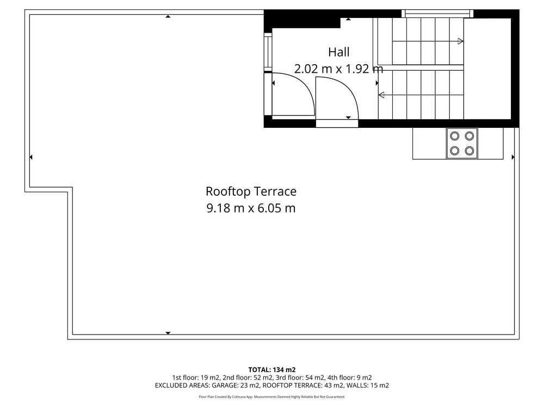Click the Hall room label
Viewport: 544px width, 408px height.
click(x=338, y=52)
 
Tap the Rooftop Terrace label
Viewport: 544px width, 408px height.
click(x=251, y=191)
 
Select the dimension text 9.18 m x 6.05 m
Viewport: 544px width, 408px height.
click(x=251, y=208)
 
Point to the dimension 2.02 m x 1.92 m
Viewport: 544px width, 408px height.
click(x=338, y=69)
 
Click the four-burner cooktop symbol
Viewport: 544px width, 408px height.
click(x=462, y=144)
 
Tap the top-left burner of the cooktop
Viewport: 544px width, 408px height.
click(x=454, y=136)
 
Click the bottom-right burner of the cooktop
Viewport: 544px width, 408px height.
click(x=469, y=151)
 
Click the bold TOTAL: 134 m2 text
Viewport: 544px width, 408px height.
click(x=272, y=370)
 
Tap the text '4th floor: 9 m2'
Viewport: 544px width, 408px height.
click(x=349, y=378)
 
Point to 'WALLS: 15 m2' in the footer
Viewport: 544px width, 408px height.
click(x=368, y=386)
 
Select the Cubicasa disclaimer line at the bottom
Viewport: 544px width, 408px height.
click(x=272, y=397)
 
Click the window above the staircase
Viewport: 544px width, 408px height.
click(x=437, y=14)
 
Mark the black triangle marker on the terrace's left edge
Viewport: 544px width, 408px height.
click(x=31, y=157)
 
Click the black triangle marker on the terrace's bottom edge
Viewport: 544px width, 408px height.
click(x=168, y=333)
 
